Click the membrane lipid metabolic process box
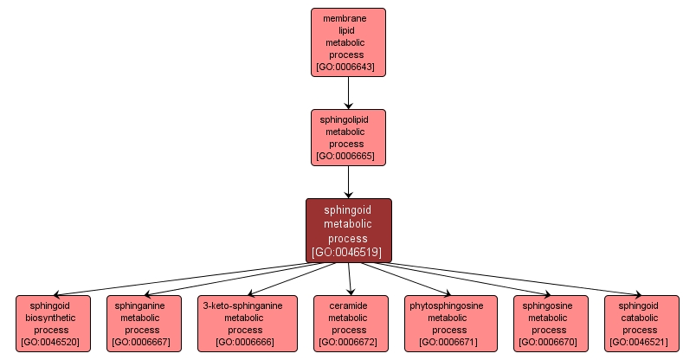[x=348, y=41]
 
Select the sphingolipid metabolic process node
[x=348, y=137]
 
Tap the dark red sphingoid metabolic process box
[x=348, y=229]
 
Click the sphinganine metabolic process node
[x=144, y=323]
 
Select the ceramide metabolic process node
[x=349, y=323]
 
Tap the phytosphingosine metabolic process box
[x=451, y=323]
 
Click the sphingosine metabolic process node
[x=551, y=323]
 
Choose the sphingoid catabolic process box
[x=641, y=323]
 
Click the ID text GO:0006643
[x=348, y=67]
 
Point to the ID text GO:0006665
[x=348, y=157]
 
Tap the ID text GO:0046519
[x=348, y=253]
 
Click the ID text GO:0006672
[x=349, y=342]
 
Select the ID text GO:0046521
[x=641, y=342]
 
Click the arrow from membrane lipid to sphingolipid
[x=348, y=92]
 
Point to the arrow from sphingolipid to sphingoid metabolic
[x=348, y=182]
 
